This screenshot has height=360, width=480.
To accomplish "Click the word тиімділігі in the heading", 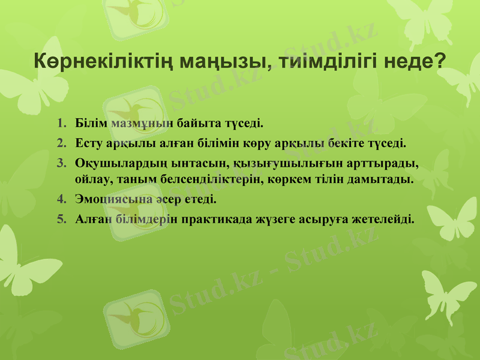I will (x=329, y=61).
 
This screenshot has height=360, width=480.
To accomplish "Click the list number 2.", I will (x=62, y=144).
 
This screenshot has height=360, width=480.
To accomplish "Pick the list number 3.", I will (x=62, y=163).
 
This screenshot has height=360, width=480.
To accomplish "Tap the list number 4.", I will (x=62, y=199).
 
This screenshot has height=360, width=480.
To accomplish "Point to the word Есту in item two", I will (x=90, y=144).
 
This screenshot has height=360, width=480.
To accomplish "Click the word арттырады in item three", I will (x=385, y=163).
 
